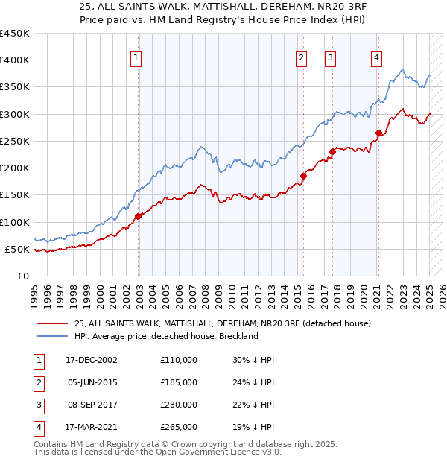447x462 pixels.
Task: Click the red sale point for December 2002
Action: [139, 216]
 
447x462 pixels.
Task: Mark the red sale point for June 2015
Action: [303, 176]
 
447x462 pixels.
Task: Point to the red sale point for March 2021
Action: [379, 133]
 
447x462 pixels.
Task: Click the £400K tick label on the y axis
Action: [15, 60]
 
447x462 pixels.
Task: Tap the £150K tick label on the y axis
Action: [15, 195]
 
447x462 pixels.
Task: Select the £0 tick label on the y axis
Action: [22, 276]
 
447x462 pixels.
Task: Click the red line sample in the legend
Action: [52, 323]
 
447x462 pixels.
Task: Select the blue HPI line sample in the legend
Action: [52, 336]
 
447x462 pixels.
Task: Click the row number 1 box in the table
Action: [37, 360]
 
